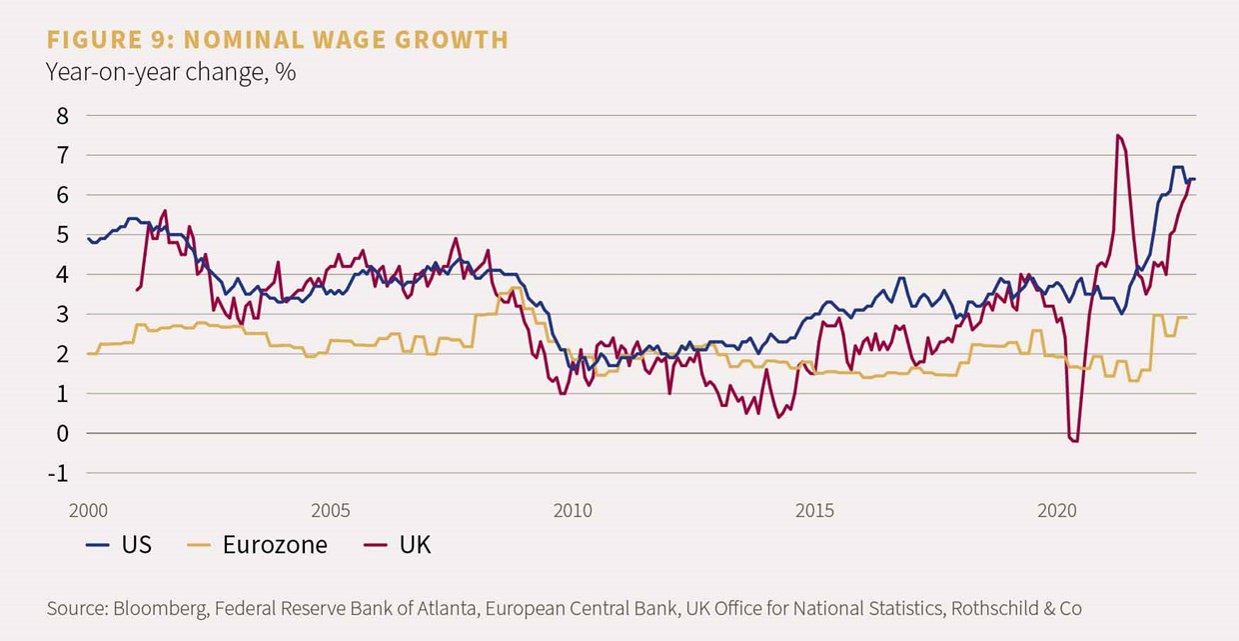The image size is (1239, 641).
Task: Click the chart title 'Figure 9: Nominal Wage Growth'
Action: pyautogui.click(x=277, y=40)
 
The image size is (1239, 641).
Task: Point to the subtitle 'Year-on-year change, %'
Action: pyautogui.click(x=170, y=73)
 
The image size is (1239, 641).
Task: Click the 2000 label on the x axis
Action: pyautogui.click(x=89, y=511)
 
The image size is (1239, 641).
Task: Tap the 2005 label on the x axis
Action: pyautogui.click(x=331, y=511)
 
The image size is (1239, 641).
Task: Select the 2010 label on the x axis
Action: pyautogui.click(x=573, y=511)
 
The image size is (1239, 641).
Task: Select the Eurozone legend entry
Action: pyautogui.click(x=256, y=545)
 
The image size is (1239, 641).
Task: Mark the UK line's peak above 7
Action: pyautogui.click(x=1117, y=135)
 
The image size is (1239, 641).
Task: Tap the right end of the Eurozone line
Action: pyautogui.click(x=1186, y=317)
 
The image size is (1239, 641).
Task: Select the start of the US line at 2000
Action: pyautogui.click(x=89, y=239)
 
